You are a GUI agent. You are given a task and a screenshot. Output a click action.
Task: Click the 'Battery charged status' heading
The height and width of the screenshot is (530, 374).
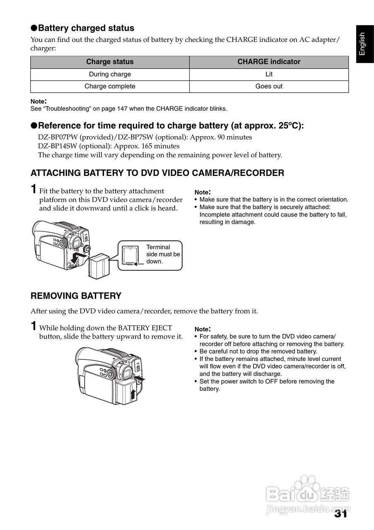point(86,28)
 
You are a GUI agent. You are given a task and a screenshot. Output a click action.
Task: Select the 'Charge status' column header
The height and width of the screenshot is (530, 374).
point(110,62)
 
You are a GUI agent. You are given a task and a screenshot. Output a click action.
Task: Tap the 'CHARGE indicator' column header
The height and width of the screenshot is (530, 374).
point(269,62)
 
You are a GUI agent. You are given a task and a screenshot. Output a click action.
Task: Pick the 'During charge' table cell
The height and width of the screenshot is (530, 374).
point(110,75)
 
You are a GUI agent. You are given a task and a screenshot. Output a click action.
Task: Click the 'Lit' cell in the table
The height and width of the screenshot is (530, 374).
point(269,75)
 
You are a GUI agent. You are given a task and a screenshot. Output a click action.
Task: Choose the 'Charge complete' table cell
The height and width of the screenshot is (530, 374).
point(110,87)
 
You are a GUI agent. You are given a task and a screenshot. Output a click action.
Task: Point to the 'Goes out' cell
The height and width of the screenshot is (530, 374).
point(269,87)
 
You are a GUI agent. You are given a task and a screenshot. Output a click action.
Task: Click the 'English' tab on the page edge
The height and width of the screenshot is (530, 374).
point(362,44)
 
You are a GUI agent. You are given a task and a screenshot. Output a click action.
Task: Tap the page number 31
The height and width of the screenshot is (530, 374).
point(340,514)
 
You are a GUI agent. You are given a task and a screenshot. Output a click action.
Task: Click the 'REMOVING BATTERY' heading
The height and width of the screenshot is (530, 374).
point(76,296)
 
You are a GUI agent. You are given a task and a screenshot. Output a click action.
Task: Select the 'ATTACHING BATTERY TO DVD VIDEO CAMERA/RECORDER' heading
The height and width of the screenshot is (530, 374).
point(157,173)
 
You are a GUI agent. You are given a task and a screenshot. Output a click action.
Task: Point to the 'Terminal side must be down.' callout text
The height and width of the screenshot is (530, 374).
point(163,254)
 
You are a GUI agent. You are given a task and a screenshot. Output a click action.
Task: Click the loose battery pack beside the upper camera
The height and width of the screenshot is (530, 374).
point(98,265)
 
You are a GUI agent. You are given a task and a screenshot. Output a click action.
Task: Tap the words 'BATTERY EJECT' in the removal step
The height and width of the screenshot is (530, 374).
point(145,328)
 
